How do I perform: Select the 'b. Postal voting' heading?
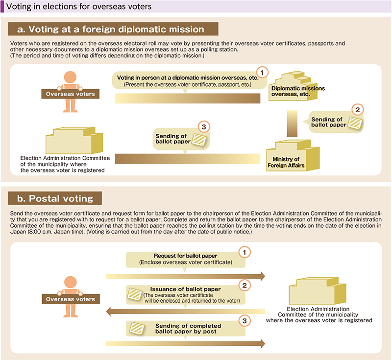(55, 198)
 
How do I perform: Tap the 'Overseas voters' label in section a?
(70, 94)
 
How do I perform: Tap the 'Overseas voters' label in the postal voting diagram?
(71, 299)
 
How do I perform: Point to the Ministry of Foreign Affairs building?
(293, 155)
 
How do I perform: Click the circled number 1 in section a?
(262, 72)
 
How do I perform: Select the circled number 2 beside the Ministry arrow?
(358, 110)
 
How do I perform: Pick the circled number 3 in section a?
(204, 127)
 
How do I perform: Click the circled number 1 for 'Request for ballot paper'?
(245, 252)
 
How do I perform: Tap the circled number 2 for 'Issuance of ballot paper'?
(245, 285)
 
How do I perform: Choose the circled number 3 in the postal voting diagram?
(245, 321)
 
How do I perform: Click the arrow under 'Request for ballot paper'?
(186, 276)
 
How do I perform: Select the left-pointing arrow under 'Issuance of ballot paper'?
(186, 312)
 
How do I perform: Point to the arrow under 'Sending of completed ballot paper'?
(186, 343)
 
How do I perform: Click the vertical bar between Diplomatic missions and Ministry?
(292, 123)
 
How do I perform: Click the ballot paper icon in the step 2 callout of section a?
(355, 123)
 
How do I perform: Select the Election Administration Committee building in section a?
(74, 140)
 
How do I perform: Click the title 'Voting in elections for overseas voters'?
(79, 6)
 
